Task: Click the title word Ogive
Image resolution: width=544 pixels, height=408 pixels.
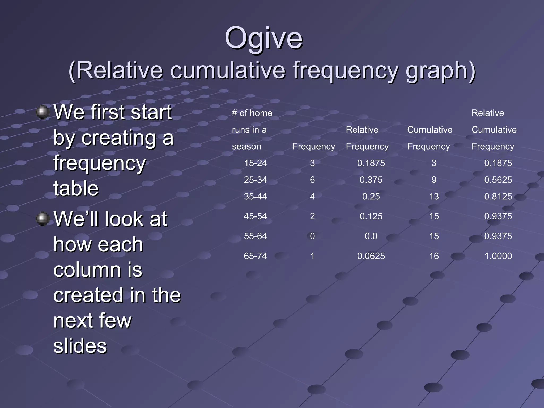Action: pos(263,39)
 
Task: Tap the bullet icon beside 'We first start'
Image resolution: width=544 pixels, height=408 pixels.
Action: pos(42,112)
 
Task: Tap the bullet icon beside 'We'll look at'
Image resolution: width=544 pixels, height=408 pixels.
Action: pos(42,219)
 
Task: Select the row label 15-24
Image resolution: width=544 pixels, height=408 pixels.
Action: pos(255,163)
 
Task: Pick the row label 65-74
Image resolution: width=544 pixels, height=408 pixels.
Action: pos(255,256)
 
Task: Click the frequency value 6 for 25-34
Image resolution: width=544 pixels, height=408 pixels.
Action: pos(312,180)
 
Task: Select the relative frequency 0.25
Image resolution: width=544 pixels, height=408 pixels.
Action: pos(371,197)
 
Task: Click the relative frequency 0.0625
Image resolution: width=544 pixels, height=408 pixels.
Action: pos(371,256)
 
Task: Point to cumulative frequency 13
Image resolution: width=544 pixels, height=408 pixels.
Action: pos(434,197)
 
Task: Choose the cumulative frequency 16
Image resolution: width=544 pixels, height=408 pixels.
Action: pos(434,256)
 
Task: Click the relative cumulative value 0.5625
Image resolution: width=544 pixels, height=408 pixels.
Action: pos(498,180)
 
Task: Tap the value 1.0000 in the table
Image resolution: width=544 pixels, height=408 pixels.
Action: pos(498,256)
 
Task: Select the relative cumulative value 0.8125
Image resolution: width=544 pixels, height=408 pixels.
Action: pos(498,197)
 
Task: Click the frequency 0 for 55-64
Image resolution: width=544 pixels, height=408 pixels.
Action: pos(312,236)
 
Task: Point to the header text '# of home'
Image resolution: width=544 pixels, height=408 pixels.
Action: pos(252,113)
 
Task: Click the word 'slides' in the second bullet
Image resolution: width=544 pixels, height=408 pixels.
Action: pos(80,346)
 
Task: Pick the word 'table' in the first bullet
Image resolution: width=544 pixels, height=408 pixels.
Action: pos(76,188)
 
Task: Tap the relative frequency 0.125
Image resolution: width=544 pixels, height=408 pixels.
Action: pos(371,216)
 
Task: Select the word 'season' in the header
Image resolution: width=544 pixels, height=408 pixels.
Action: pos(246,146)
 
